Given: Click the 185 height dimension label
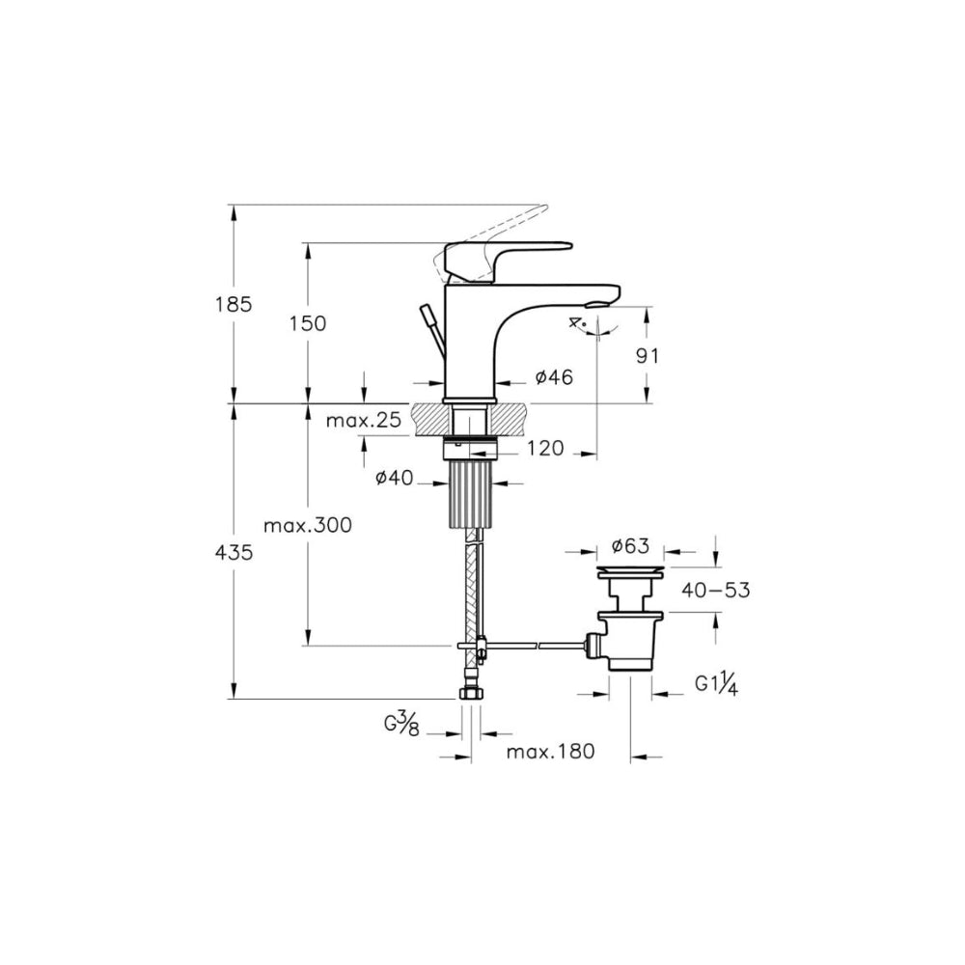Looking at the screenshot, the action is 234,304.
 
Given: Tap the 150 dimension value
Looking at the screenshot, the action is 308,323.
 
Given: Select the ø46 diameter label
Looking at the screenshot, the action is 554,376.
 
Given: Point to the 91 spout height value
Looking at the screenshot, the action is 647,356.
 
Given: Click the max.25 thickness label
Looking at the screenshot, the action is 363,421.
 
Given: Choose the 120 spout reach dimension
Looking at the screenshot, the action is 545,448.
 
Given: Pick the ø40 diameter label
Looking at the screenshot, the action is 395,478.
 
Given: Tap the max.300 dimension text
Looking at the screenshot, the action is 308,525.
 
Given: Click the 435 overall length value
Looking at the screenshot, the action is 234,553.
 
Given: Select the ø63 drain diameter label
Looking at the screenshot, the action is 630,545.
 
